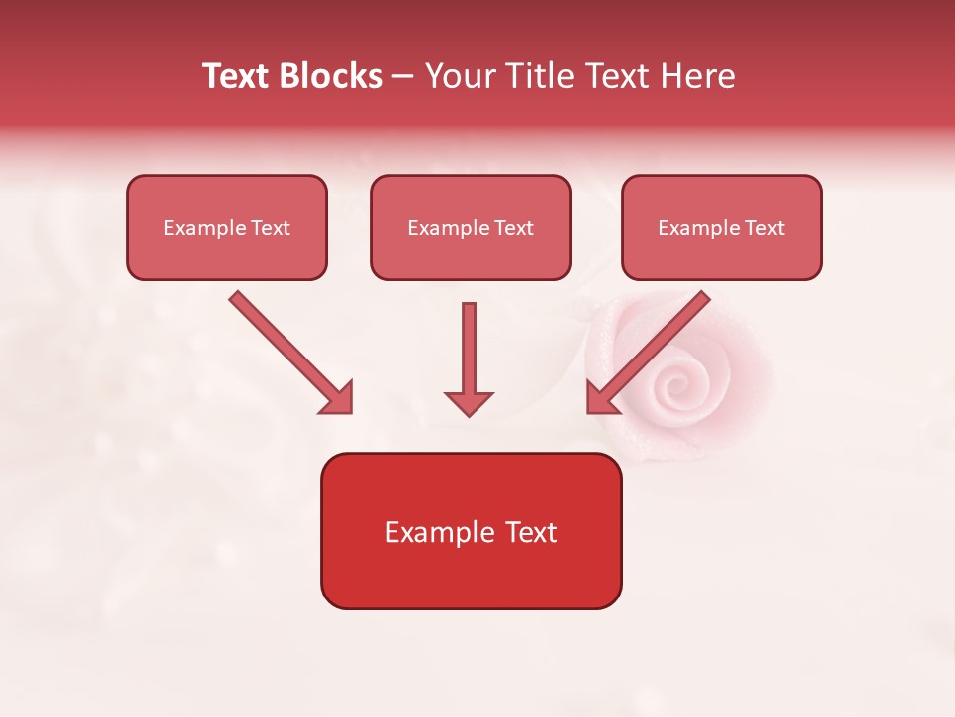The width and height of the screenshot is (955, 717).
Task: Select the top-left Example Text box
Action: click(x=227, y=228)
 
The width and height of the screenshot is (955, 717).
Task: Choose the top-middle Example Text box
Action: click(x=471, y=228)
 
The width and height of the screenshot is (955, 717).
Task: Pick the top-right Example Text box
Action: click(x=721, y=228)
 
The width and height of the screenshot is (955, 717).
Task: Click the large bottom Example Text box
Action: click(x=471, y=531)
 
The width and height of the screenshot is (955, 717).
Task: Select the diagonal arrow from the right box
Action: click(x=652, y=349)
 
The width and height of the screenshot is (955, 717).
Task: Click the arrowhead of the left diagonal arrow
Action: click(x=338, y=399)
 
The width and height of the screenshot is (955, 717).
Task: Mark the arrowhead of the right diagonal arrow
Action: click(x=601, y=398)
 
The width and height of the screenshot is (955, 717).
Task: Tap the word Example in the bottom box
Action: click(x=430, y=532)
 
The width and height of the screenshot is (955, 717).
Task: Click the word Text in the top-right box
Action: click(x=764, y=228)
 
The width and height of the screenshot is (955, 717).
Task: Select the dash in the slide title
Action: click(x=403, y=77)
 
